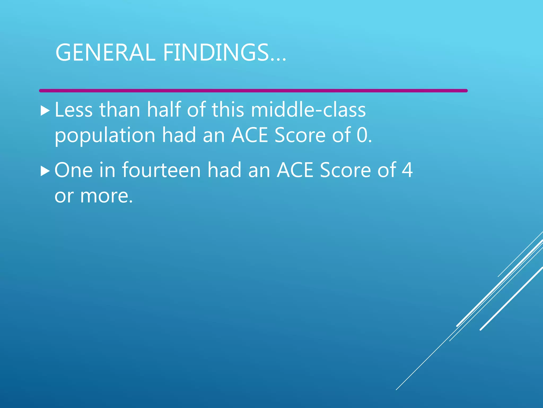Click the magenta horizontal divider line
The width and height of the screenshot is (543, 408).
[253, 91]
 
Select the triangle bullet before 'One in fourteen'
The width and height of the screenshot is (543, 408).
[45, 171]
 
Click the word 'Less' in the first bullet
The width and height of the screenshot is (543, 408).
[73, 110]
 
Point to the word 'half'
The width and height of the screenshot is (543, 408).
[164, 110]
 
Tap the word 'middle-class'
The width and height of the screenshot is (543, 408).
[308, 110]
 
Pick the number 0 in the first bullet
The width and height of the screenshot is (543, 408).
[362, 135]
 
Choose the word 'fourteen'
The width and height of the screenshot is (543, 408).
[161, 170]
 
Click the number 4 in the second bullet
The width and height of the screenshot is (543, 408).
[407, 170]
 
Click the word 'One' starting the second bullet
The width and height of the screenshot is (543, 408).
[73, 170]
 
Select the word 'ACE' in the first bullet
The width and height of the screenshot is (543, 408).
[249, 135]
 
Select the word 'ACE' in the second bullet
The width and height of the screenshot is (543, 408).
[295, 170]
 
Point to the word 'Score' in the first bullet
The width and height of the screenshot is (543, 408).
[300, 135]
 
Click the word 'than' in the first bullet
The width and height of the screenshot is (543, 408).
[120, 110]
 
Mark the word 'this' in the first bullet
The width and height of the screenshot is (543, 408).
[228, 110]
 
